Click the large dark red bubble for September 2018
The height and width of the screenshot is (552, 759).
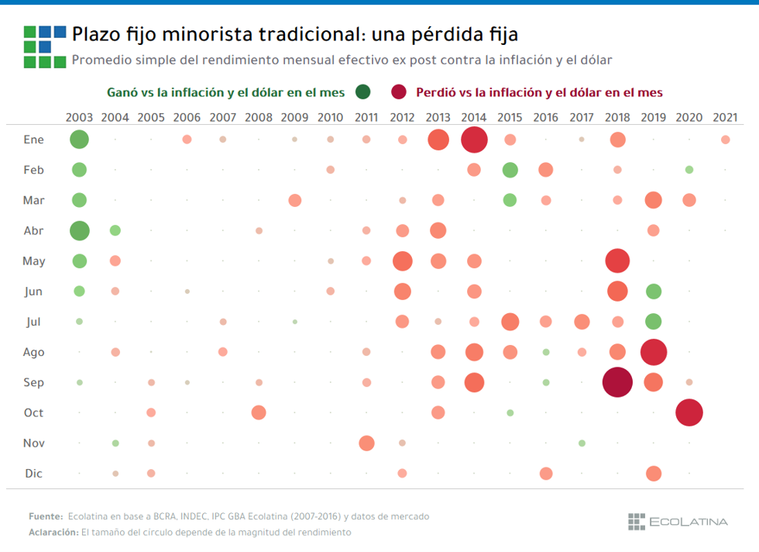(x=617, y=382)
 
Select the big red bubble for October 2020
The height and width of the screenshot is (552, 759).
(x=689, y=412)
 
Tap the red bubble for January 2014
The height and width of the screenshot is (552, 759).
(x=474, y=140)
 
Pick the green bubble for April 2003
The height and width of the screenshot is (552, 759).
(x=79, y=230)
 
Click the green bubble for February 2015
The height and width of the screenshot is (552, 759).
(x=510, y=170)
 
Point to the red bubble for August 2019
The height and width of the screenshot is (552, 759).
(x=654, y=352)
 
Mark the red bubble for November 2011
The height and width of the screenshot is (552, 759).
(x=366, y=443)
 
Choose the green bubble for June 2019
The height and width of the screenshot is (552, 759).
(x=654, y=292)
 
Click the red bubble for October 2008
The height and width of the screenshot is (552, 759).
(x=259, y=412)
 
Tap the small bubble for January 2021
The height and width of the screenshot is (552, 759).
(x=725, y=140)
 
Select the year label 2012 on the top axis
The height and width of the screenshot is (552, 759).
(x=402, y=117)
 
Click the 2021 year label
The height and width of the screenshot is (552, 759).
(x=725, y=117)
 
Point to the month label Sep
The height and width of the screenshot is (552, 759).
(x=33, y=382)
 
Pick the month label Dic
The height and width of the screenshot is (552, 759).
(x=33, y=474)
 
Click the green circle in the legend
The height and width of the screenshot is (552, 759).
(x=362, y=92)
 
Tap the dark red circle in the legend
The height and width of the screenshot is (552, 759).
(x=399, y=92)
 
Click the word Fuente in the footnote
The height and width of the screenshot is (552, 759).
(x=45, y=516)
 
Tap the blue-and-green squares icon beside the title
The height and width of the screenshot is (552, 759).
(x=44, y=47)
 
